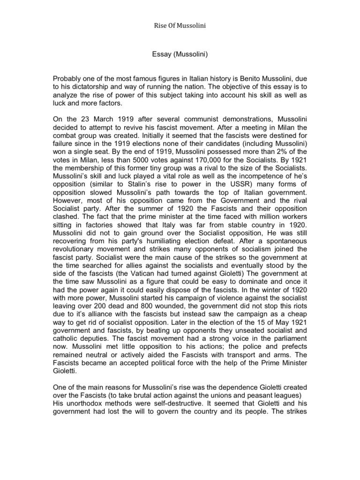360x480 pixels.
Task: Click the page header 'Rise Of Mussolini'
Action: click(x=180, y=25)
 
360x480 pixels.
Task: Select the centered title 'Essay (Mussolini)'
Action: click(x=180, y=54)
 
